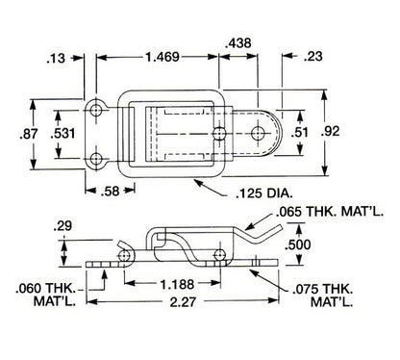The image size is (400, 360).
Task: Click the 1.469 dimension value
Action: pyautogui.click(x=162, y=57)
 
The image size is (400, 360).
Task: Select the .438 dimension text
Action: pyautogui.click(x=238, y=43)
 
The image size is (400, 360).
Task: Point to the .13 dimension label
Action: pyautogui.click(x=56, y=59)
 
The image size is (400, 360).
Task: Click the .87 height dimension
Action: pyautogui.click(x=29, y=134)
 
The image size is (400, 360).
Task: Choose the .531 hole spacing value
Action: pyautogui.click(x=62, y=133)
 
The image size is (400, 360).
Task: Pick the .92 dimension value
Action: pyautogui.click(x=330, y=131)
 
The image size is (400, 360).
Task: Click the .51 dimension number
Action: pyautogui.click(x=299, y=132)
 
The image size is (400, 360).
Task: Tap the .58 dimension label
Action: pyautogui.click(x=110, y=192)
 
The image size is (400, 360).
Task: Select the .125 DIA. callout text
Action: pyautogui.click(x=264, y=193)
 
